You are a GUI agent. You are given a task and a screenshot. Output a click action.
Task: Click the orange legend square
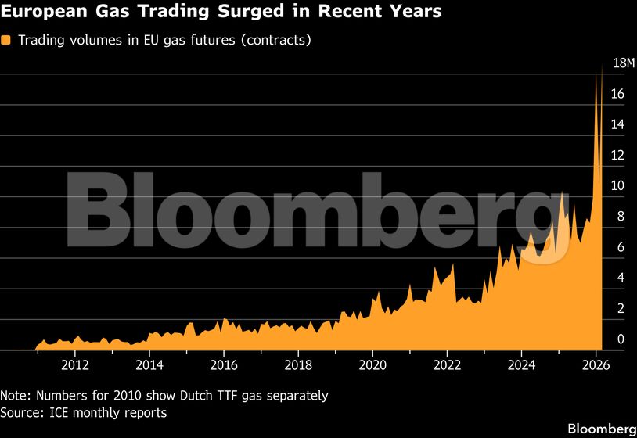click(x=6, y=41)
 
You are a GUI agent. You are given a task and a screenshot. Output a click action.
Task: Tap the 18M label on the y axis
click(x=617, y=63)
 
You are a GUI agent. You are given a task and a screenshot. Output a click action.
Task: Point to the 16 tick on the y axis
click(x=617, y=95)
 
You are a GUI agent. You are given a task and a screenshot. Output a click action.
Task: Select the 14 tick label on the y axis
click(x=617, y=125)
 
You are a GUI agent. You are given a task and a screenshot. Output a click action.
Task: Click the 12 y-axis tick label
click(x=617, y=156)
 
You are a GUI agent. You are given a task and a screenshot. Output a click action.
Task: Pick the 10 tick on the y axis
click(x=617, y=186)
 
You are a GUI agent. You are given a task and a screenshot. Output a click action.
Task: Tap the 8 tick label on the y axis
click(x=620, y=217)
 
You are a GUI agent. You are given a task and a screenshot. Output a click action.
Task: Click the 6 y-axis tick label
click(x=620, y=247)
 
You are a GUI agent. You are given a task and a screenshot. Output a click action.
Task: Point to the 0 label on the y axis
click(x=620, y=339)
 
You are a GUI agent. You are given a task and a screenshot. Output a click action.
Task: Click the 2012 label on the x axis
click(x=74, y=364)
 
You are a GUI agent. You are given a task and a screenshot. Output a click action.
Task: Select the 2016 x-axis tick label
click(x=224, y=364)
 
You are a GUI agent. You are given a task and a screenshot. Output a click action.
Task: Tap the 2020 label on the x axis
click(x=372, y=364)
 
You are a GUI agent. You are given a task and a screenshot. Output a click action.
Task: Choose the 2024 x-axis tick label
click(x=521, y=364)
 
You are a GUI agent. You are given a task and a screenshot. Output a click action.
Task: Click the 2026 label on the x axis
click(x=596, y=364)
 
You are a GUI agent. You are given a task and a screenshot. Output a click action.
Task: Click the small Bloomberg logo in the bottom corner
click(x=601, y=429)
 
